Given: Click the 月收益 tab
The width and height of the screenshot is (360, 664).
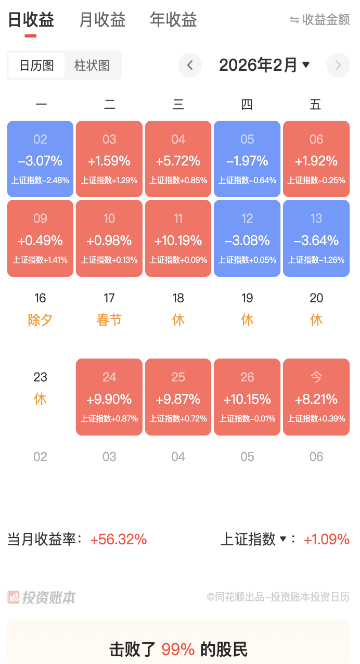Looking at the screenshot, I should coord(102,20).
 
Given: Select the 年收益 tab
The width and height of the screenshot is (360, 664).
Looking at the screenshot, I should coord(173,20).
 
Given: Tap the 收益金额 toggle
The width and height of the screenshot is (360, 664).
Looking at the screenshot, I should coord(320,20).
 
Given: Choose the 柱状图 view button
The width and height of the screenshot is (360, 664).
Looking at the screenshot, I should coord(92,66).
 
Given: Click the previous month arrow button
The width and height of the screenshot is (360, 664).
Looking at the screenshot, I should coord(190,66).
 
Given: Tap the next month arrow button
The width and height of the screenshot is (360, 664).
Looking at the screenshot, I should coord(338,66).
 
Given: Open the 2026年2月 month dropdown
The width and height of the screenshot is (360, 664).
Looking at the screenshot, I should coord(264,66).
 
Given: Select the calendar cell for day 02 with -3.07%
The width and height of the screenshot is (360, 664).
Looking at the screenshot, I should coord(40,159).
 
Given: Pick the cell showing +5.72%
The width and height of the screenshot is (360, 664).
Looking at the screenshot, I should coord(178,159).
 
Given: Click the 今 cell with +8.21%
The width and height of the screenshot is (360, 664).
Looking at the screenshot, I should coord(316,397).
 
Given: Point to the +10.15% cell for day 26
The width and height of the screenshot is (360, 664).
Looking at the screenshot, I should coord(247,397).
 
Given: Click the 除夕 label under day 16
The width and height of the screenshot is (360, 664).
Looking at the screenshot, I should coord(40,320).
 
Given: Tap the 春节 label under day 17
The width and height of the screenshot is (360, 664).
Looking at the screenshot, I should coord(109,320).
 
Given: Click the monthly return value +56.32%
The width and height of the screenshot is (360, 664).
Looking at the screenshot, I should coord(119,540).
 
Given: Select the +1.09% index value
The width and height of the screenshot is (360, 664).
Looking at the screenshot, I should coord(326,540).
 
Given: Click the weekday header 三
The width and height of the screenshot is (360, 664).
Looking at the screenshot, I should coord(178,105).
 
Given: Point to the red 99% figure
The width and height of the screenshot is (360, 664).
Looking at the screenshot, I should coord(178,649).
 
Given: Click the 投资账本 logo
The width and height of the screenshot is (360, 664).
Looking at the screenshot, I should coord(42,597).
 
